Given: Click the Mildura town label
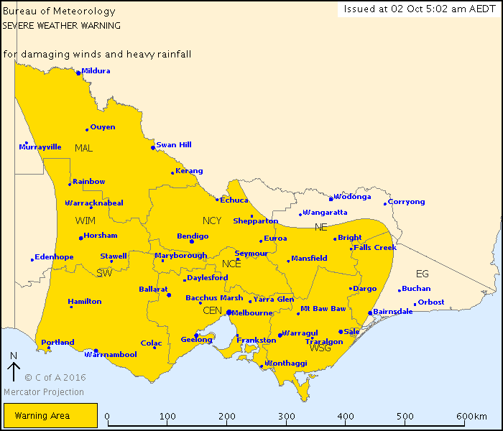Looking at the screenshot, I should [x=96, y=70].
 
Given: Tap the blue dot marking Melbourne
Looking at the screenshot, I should [x=229, y=312].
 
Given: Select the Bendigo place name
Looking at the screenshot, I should [x=193, y=236].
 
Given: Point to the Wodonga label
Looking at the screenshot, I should [x=352, y=196].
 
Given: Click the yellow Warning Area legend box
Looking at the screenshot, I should [x=50, y=415].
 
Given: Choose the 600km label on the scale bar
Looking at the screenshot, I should [x=471, y=417].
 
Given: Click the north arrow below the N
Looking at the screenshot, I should [x=13, y=372].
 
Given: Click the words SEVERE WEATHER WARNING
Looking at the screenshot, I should [x=61, y=25].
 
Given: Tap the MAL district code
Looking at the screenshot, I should [x=84, y=148].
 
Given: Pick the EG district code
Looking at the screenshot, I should [x=423, y=274].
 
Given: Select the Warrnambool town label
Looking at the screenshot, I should [x=116, y=354].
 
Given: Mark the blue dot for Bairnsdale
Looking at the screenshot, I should [x=370, y=312].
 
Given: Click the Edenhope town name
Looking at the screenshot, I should [x=54, y=257].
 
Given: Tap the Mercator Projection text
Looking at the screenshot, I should [x=44, y=392].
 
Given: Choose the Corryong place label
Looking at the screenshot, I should [x=407, y=202].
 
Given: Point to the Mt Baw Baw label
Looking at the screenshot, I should [x=323, y=308].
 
